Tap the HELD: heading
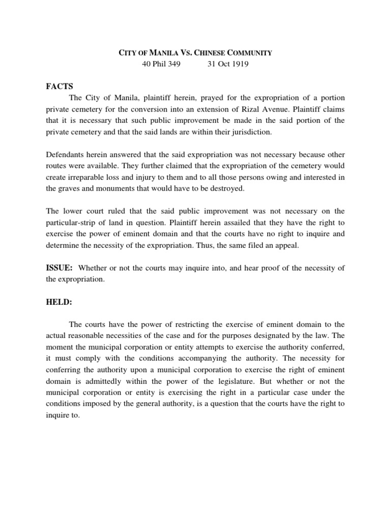(x=59, y=302)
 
